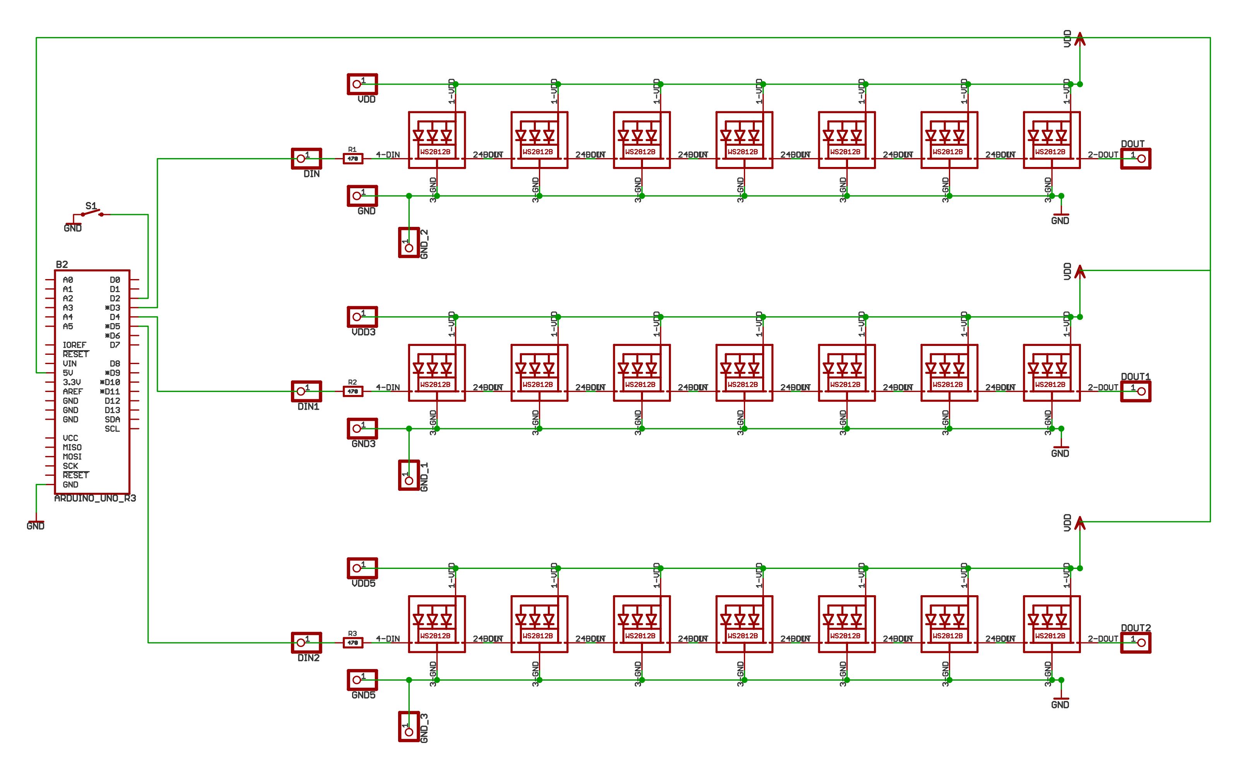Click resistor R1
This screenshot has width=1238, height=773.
coord(352,158)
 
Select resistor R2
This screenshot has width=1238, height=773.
coord(352,392)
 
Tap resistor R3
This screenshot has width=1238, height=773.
coord(352,643)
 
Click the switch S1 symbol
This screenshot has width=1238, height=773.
coord(92,213)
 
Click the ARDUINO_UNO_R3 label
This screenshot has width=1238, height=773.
coord(95,499)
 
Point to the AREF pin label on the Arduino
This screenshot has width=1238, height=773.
coord(73,392)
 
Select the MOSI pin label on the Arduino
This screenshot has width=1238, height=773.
coord(72,456)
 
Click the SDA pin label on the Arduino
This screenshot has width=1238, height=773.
coord(112,419)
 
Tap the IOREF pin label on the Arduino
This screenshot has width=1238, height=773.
coord(74,345)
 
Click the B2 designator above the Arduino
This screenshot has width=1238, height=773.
coord(62,264)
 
